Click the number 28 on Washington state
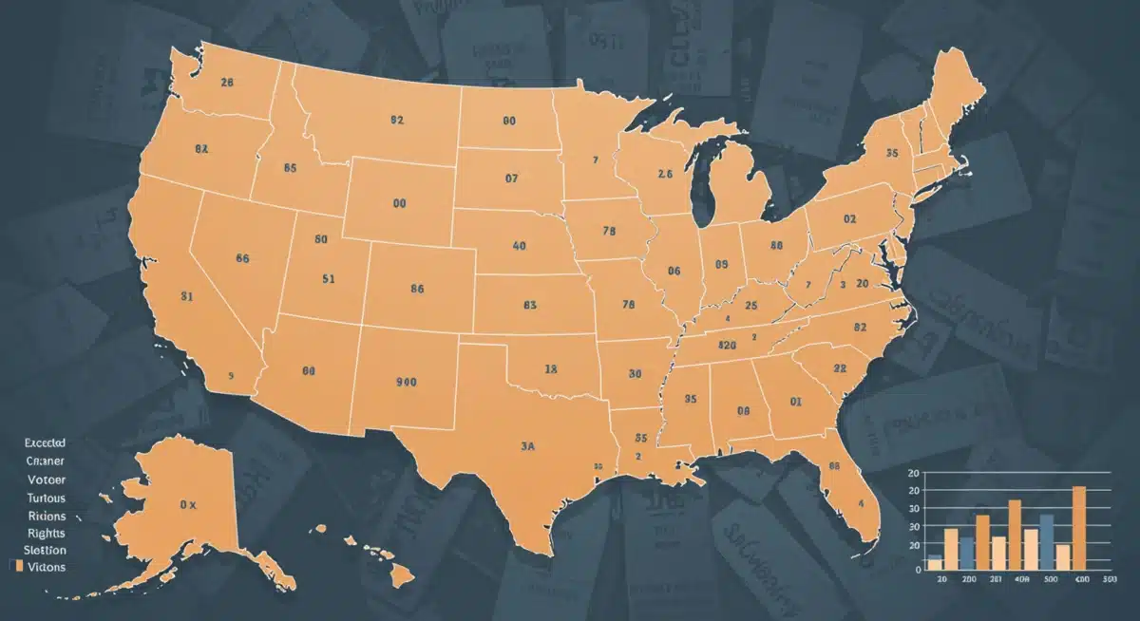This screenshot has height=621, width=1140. (x=226, y=83)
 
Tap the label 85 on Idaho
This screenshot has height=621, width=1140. (x=291, y=168)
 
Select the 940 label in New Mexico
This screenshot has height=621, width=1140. (x=406, y=382)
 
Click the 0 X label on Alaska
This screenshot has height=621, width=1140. (x=187, y=505)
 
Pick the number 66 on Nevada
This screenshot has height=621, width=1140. (x=242, y=257)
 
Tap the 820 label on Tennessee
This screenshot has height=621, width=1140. (x=729, y=345)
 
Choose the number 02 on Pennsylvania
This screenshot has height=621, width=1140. (x=849, y=218)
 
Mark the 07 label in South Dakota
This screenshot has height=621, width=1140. (x=512, y=178)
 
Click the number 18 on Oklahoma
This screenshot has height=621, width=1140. (x=550, y=367)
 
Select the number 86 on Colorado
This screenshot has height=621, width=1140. (x=416, y=289)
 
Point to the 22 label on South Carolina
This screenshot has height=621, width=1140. (x=840, y=367)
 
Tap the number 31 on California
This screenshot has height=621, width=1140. (x=187, y=295)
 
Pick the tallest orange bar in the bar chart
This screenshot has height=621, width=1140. (x=1078, y=527)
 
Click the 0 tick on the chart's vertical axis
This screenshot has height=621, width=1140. (x=919, y=570)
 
